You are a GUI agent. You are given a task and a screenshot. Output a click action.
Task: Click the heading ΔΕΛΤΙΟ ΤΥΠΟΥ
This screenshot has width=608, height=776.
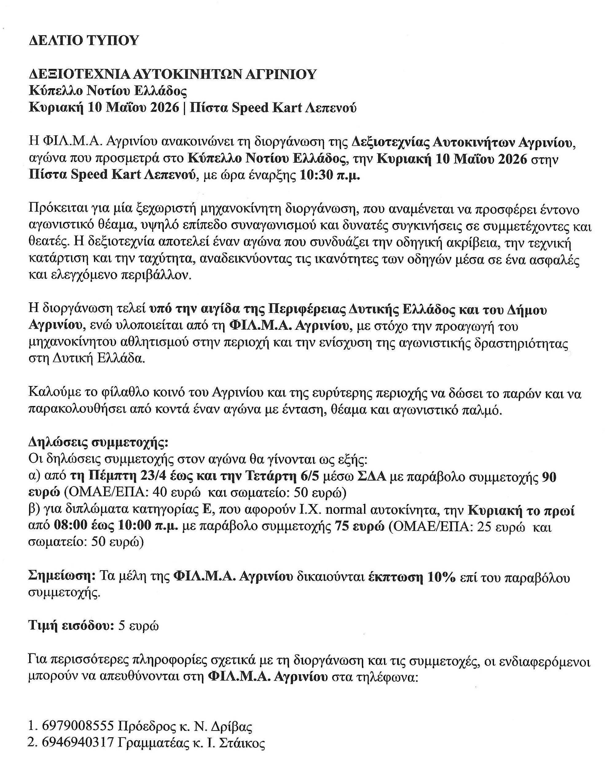point(83,41)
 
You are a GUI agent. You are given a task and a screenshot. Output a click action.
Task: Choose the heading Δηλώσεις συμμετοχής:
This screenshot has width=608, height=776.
point(98,443)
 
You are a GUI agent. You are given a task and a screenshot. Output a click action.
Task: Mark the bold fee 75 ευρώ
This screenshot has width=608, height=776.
point(359,527)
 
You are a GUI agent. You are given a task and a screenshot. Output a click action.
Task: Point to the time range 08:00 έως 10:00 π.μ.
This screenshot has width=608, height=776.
point(116,527)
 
